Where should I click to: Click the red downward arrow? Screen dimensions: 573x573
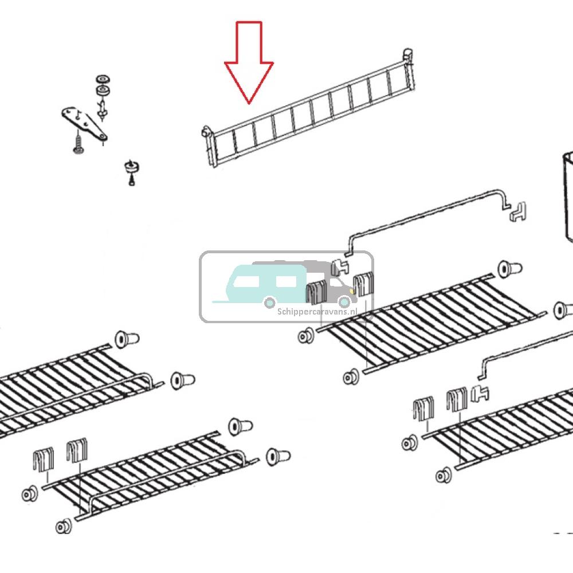coord(249,62)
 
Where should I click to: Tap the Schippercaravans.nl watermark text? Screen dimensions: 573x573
coord(317,312)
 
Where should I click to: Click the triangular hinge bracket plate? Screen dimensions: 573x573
coord(84,123)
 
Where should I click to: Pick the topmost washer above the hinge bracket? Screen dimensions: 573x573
coord(103,79)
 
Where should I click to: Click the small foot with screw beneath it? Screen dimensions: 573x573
coord(132,171)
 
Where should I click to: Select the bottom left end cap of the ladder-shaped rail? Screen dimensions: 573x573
coord(206,132)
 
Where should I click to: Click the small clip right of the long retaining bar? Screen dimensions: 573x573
coord(517,211)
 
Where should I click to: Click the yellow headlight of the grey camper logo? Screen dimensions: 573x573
coord(352,291)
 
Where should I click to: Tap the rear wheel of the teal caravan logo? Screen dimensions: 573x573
coord(270,303)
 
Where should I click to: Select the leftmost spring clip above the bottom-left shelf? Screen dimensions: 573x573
coord(44,460)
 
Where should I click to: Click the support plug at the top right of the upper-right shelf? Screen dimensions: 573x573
coord(510,269)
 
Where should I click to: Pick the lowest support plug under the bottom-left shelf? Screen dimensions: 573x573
coord(64,527)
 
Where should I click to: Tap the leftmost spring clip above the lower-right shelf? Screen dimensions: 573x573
coord(423,408)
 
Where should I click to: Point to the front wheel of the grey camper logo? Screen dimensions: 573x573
coord(344,302)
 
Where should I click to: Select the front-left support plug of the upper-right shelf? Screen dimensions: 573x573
coord(306,336)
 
